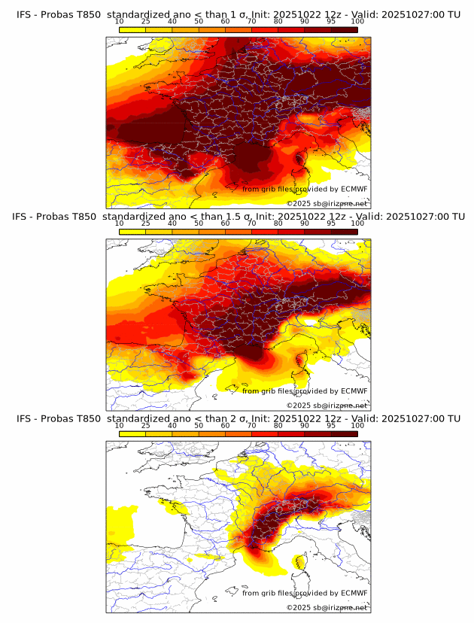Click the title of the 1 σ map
click(237, 14)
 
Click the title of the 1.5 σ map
click(237, 217)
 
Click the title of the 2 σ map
click(237, 418)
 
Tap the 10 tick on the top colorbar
click(119, 23)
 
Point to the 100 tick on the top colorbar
click(357, 23)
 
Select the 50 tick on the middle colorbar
click(199, 224)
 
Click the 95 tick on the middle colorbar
click(331, 224)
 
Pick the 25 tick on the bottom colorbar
click(146, 426)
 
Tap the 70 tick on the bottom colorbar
click(251, 426)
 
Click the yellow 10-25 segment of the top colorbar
click(132, 29)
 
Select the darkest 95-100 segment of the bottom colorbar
click(344, 433)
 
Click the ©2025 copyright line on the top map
click(327, 204)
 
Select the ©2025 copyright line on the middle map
click(327, 406)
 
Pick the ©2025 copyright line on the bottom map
click(327, 607)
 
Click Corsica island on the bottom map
click(302, 563)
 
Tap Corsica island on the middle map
click(302, 361)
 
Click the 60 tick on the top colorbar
click(225, 23)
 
